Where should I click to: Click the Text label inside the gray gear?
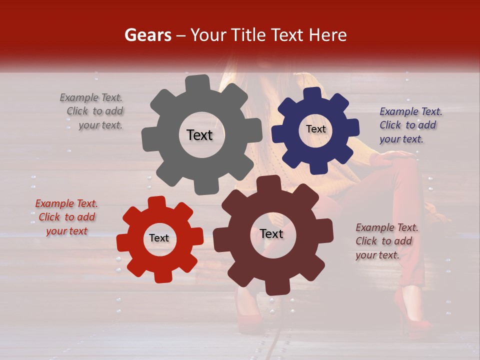pyautogui.click(x=199, y=135)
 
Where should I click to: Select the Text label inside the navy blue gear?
pyautogui.click(x=315, y=129)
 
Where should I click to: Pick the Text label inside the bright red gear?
pyautogui.click(x=159, y=238)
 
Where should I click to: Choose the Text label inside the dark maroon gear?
pyautogui.click(x=271, y=233)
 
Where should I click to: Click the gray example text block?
pyautogui.click(x=91, y=111)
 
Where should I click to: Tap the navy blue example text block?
pyautogui.click(x=410, y=125)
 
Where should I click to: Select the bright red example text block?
pyautogui.click(x=66, y=217)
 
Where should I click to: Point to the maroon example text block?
pyautogui.click(x=387, y=241)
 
